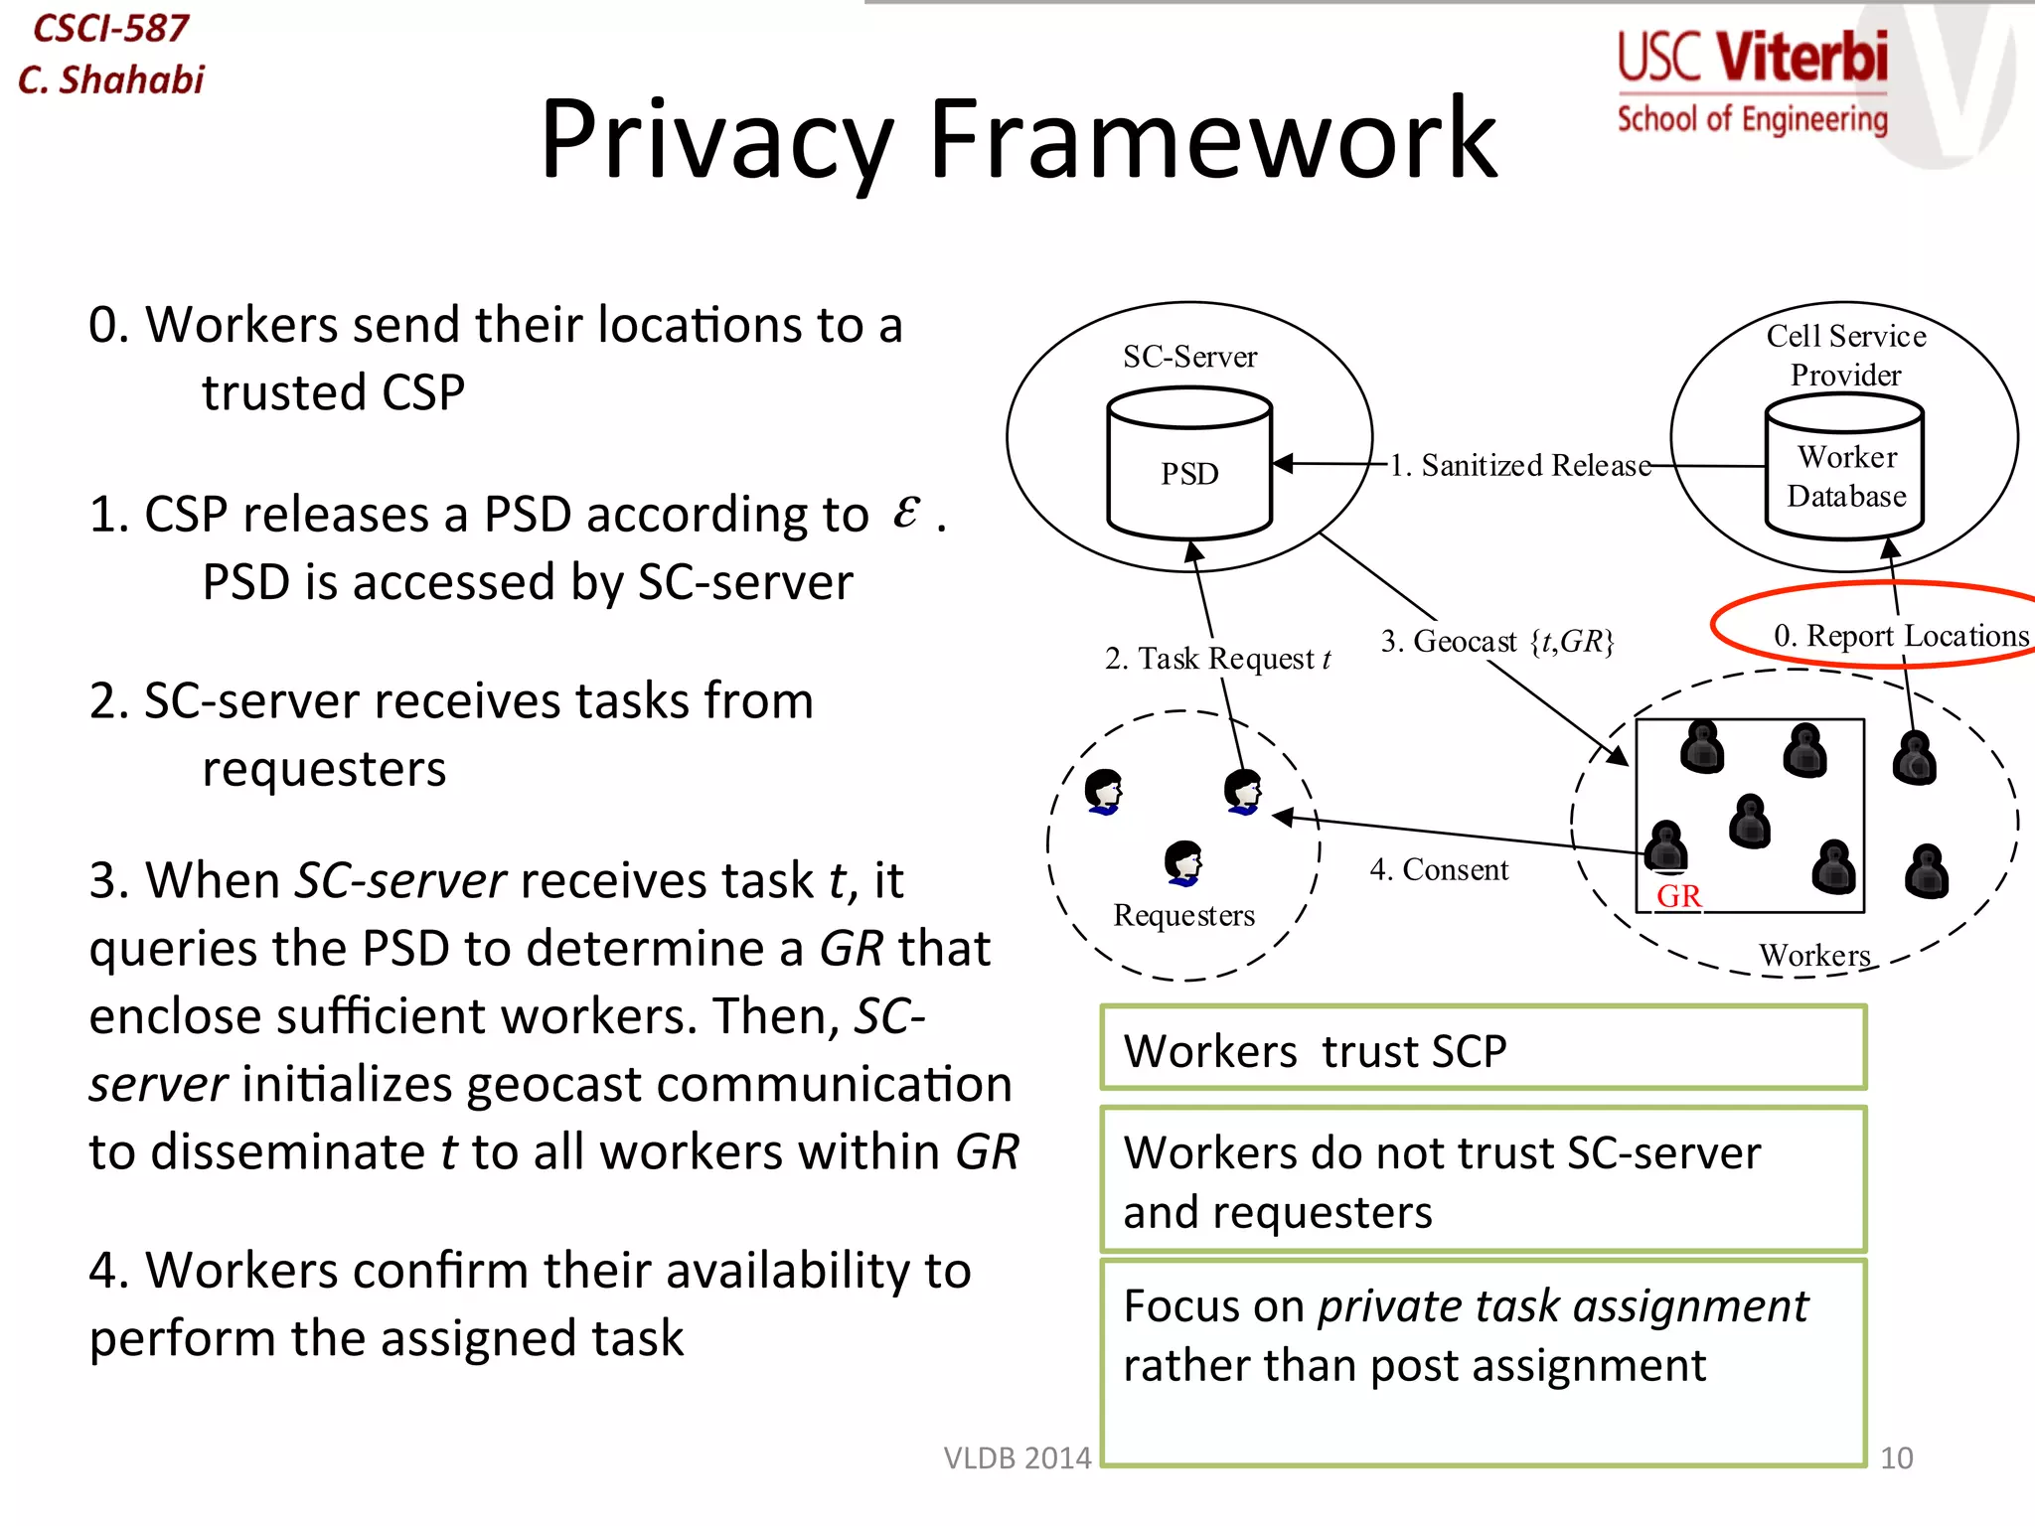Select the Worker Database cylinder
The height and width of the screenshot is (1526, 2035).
1845,469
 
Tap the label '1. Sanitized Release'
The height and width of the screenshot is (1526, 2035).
1519,465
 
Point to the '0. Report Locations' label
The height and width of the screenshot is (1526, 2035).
1901,635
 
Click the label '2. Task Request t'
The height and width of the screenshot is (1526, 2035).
1217,658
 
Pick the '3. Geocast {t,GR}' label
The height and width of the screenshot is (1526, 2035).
1497,641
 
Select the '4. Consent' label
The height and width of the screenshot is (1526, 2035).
1439,869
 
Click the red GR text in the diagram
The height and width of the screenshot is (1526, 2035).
1678,895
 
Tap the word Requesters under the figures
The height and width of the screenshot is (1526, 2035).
1183,914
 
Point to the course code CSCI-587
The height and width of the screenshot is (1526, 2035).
110,28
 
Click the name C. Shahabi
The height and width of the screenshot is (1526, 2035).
111,79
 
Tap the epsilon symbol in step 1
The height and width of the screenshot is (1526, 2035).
905,512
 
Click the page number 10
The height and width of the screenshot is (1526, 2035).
1896,1457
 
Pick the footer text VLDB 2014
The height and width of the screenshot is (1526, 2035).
1017,1457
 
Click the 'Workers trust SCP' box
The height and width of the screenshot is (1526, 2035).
1483,1049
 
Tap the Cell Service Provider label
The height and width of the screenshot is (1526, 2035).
1845,355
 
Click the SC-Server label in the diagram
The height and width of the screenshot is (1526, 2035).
1189,356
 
